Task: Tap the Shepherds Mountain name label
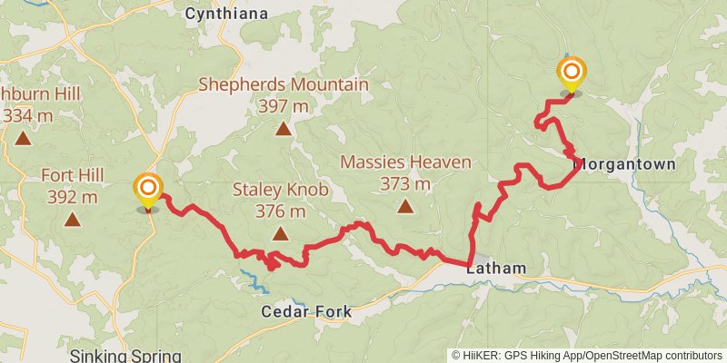point(284,85)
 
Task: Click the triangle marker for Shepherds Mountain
point(284,129)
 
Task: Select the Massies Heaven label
point(405,162)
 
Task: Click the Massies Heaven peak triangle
point(404,206)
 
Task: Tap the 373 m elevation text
point(405,183)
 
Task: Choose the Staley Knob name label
point(280,190)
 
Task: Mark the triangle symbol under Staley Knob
point(281,234)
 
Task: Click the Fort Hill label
point(71,175)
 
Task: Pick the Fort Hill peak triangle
point(72,219)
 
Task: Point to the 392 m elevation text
point(71,196)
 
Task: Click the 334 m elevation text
point(27,115)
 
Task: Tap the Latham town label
point(496,269)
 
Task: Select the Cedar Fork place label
point(306,311)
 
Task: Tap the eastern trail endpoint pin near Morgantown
point(572,74)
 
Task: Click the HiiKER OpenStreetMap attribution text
point(586,356)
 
